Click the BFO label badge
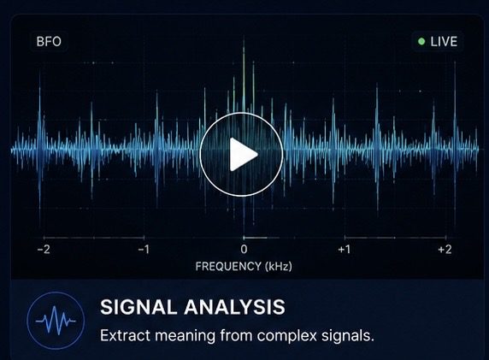pos(49,42)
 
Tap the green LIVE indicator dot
pos(421,42)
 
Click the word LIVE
pos(444,42)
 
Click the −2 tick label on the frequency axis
pos(44,250)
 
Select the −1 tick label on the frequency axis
pos(144,250)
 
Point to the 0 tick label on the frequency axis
pos(244,250)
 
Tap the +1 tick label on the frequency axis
pos(345,250)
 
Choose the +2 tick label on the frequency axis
pos(445,250)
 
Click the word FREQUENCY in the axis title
pos(228,267)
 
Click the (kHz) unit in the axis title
pos(278,267)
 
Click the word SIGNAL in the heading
pos(138,307)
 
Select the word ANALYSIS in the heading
pos(234,307)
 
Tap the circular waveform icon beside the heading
pos(56,321)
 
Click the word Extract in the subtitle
pos(125,336)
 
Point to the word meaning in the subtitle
pos(185,337)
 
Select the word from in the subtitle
pos(236,336)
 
